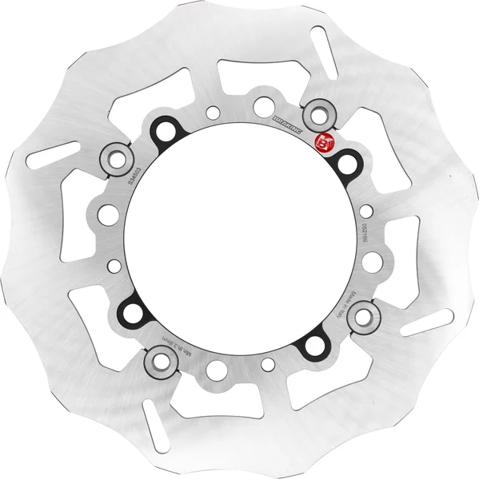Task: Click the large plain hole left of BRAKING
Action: click(261, 105)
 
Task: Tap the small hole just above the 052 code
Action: click(366, 212)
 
